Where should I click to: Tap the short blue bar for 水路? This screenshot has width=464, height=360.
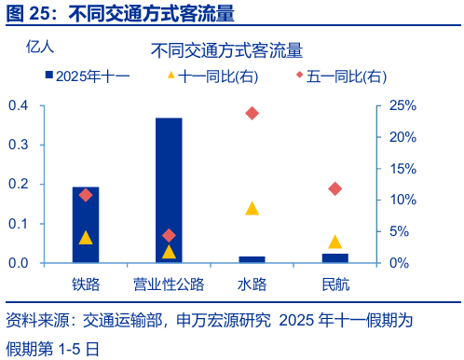pyautogui.click(x=252, y=259)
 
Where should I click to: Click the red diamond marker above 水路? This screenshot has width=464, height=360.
pyautogui.click(x=252, y=113)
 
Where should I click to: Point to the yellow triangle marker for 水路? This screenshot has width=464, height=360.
pyautogui.click(x=252, y=208)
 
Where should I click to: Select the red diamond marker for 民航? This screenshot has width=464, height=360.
pyautogui.click(x=334, y=189)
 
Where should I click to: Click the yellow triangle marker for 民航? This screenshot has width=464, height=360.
pyautogui.click(x=334, y=242)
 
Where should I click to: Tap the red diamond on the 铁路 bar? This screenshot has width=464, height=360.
pyautogui.click(x=86, y=195)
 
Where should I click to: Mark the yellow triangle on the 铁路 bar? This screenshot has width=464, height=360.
pyautogui.click(x=86, y=238)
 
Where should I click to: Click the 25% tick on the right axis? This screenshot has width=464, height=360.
pyautogui.click(x=403, y=105)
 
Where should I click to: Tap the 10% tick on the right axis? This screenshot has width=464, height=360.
pyautogui.click(x=403, y=200)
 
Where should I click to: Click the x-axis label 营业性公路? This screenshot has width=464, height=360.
pyautogui.click(x=169, y=283)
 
